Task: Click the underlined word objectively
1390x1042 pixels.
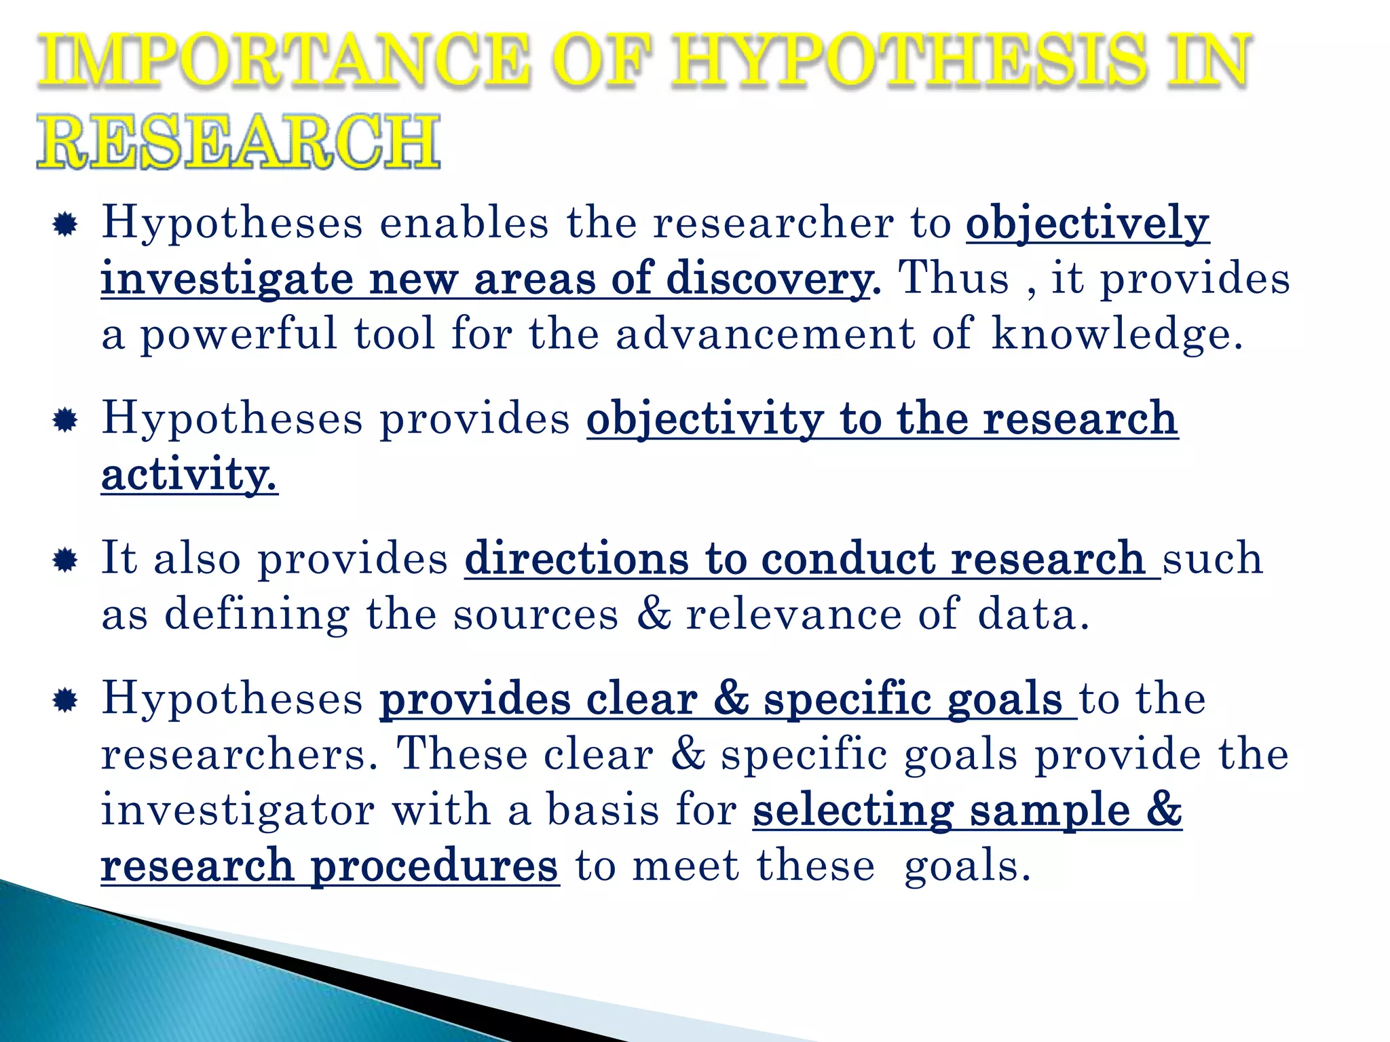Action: coord(1087,223)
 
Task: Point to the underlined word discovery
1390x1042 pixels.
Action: coord(769,279)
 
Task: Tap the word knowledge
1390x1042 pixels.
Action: coord(1117,334)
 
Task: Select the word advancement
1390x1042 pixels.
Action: coord(765,334)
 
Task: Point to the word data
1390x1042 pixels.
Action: coord(1032,614)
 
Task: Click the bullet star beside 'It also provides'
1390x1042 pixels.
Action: coord(65,560)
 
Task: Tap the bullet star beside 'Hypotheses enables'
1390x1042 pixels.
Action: coord(65,225)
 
